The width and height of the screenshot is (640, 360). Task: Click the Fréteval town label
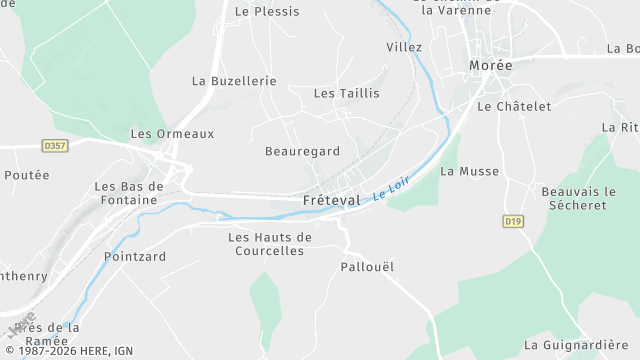click(331, 200)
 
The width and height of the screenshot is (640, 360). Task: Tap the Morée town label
click(490, 66)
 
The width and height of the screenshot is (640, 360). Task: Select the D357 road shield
click(55, 146)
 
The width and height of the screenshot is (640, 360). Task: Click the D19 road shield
click(513, 221)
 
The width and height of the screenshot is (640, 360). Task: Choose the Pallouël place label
click(368, 267)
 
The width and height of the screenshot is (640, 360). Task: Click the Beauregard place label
click(302, 152)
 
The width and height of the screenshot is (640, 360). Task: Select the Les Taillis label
click(346, 93)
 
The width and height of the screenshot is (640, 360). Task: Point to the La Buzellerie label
click(231, 80)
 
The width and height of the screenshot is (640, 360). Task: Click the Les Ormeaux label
click(172, 134)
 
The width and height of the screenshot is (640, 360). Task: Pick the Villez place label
click(404, 47)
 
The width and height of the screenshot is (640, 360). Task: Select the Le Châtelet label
click(514, 106)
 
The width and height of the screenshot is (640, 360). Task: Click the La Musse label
click(469, 172)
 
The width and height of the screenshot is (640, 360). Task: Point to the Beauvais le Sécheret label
click(574, 198)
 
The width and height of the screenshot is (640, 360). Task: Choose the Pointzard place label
click(134, 257)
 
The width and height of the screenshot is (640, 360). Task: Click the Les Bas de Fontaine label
click(127, 193)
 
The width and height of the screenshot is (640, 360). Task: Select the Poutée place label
click(27, 175)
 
